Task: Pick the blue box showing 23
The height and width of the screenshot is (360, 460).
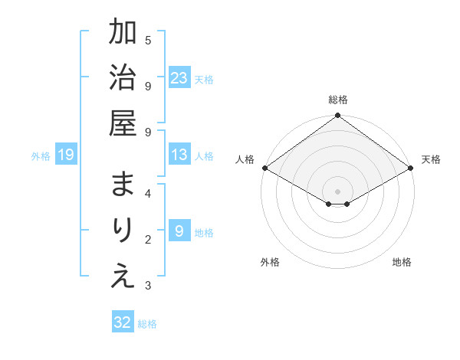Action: pyautogui.click(x=179, y=77)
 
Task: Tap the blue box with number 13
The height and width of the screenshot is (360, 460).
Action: pyautogui.click(x=179, y=155)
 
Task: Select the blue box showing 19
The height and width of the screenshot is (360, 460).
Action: pyautogui.click(x=66, y=155)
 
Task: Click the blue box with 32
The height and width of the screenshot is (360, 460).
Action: pyautogui.click(x=123, y=322)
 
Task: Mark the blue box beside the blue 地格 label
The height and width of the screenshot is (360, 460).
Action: pyautogui.click(x=179, y=231)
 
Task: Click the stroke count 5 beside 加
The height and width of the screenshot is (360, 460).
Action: pyautogui.click(x=148, y=40)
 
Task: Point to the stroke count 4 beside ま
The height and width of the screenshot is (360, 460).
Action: pyautogui.click(x=148, y=193)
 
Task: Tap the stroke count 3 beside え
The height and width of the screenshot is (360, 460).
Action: pyautogui.click(x=148, y=286)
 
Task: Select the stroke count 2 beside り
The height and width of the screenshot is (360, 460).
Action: pyautogui.click(x=148, y=239)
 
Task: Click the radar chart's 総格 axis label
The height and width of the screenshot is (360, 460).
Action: pyautogui.click(x=337, y=100)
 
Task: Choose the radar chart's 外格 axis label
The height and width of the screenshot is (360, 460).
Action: pyautogui.click(x=270, y=262)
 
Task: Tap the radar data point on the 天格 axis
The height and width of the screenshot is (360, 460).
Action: pyautogui.click(x=412, y=168)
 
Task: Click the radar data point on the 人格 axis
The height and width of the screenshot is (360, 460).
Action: pyautogui.click(x=264, y=168)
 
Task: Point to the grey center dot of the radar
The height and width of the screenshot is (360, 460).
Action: pyautogui.click(x=337, y=190)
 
